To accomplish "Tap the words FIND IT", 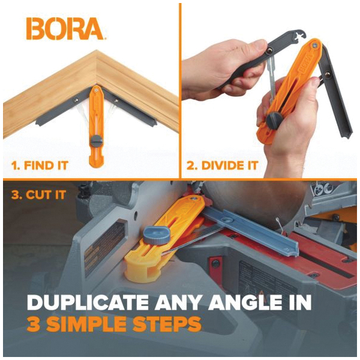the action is pos(46,166).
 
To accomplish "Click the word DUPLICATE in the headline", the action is pos(88,302).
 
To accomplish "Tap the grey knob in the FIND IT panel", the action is pos(97,140).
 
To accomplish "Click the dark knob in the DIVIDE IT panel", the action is pos(274,119).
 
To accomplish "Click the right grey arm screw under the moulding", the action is pos(116,100).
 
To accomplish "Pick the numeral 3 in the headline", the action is pos(32,325).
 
